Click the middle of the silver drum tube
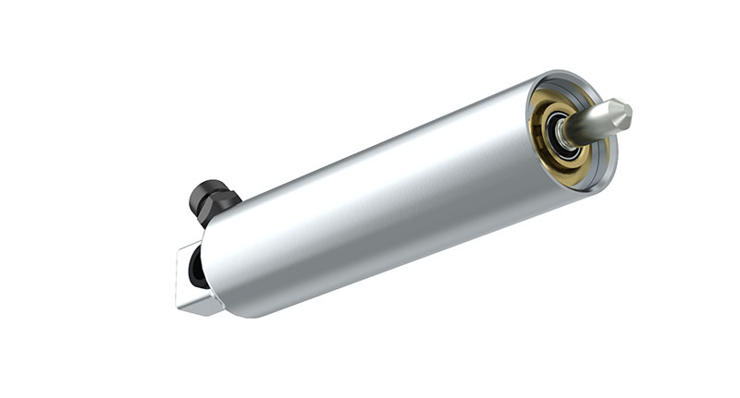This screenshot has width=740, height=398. pos(388,203)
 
